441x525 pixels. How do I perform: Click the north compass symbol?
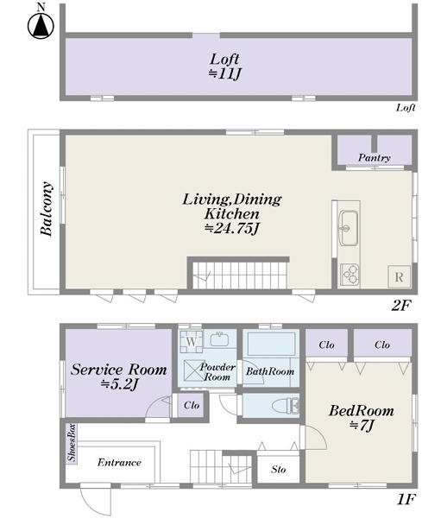tap(41, 23)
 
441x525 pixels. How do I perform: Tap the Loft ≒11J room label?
tap(224, 66)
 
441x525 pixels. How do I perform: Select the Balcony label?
tap(47, 208)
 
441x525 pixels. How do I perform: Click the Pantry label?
tap(374, 158)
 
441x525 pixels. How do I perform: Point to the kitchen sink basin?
tap(349, 228)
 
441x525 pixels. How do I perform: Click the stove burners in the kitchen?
tap(350, 275)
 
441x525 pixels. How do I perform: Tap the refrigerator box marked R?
tap(399, 276)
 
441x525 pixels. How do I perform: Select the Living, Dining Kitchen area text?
tap(231, 213)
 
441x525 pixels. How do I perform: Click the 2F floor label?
tap(400, 305)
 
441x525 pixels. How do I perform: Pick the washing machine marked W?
tap(191, 342)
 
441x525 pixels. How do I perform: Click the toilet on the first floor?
tap(286, 406)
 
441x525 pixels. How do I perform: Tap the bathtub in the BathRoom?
tap(271, 344)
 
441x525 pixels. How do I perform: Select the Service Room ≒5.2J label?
tap(119, 377)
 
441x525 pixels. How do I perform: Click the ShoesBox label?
tap(72, 443)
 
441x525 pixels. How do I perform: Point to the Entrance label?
tap(119, 462)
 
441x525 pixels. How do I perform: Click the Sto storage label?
tap(279, 470)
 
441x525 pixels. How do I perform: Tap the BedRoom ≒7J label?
tap(361, 418)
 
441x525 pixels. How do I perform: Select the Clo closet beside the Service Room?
tap(192, 405)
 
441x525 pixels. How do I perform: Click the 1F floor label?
tap(406, 500)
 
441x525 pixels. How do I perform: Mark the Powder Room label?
tap(217, 371)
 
